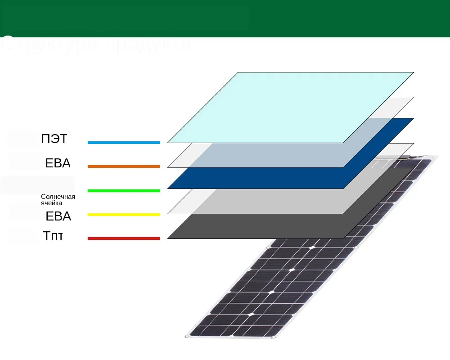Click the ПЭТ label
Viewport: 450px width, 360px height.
[x=54, y=139]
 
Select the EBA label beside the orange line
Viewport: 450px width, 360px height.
[x=58, y=163]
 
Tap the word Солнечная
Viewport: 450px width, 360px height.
[x=58, y=197]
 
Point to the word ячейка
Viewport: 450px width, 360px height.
[x=51, y=203]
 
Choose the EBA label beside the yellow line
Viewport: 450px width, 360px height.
[x=58, y=216]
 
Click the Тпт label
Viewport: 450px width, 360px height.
[x=53, y=236]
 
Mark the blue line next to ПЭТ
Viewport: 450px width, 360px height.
[x=124, y=143]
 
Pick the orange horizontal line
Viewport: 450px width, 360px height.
[x=124, y=166]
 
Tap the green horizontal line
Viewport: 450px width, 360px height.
[x=124, y=191]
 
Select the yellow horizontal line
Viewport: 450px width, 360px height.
[x=124, y=215]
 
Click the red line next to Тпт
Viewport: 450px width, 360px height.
[x=124, y=238]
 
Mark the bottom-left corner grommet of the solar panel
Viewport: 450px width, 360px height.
[x=187, y=336]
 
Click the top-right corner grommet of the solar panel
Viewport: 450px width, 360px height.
[x=435, y=157]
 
